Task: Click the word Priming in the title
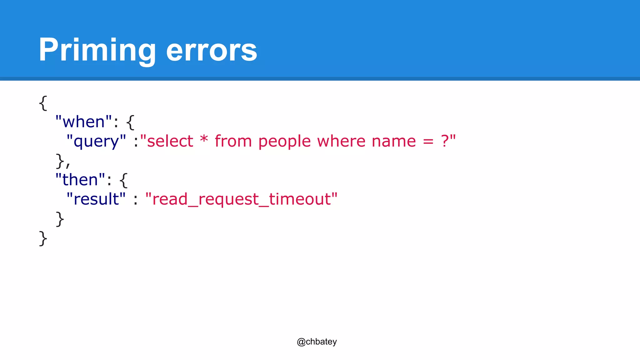tap(97, 50)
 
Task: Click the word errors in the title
tap(212, 50)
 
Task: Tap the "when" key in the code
tap(83, 122)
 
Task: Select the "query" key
tap(96, 141)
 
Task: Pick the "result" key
tap(96, 199)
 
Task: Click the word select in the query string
tap(170, 141)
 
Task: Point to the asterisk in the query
tap(204, 139)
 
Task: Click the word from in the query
tap(233, 141)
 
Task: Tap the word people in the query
tap(284, 141)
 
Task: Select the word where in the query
tap(341, 141)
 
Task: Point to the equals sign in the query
tap(428, 142)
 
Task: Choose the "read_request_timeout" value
tap(241, 199)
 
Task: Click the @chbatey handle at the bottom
tap(317, 342)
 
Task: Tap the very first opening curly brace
tap(43, 103)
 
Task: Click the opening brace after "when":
tap(130, 122)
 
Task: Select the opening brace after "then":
tap(123, 180)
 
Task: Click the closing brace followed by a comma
tap(60, 161)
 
